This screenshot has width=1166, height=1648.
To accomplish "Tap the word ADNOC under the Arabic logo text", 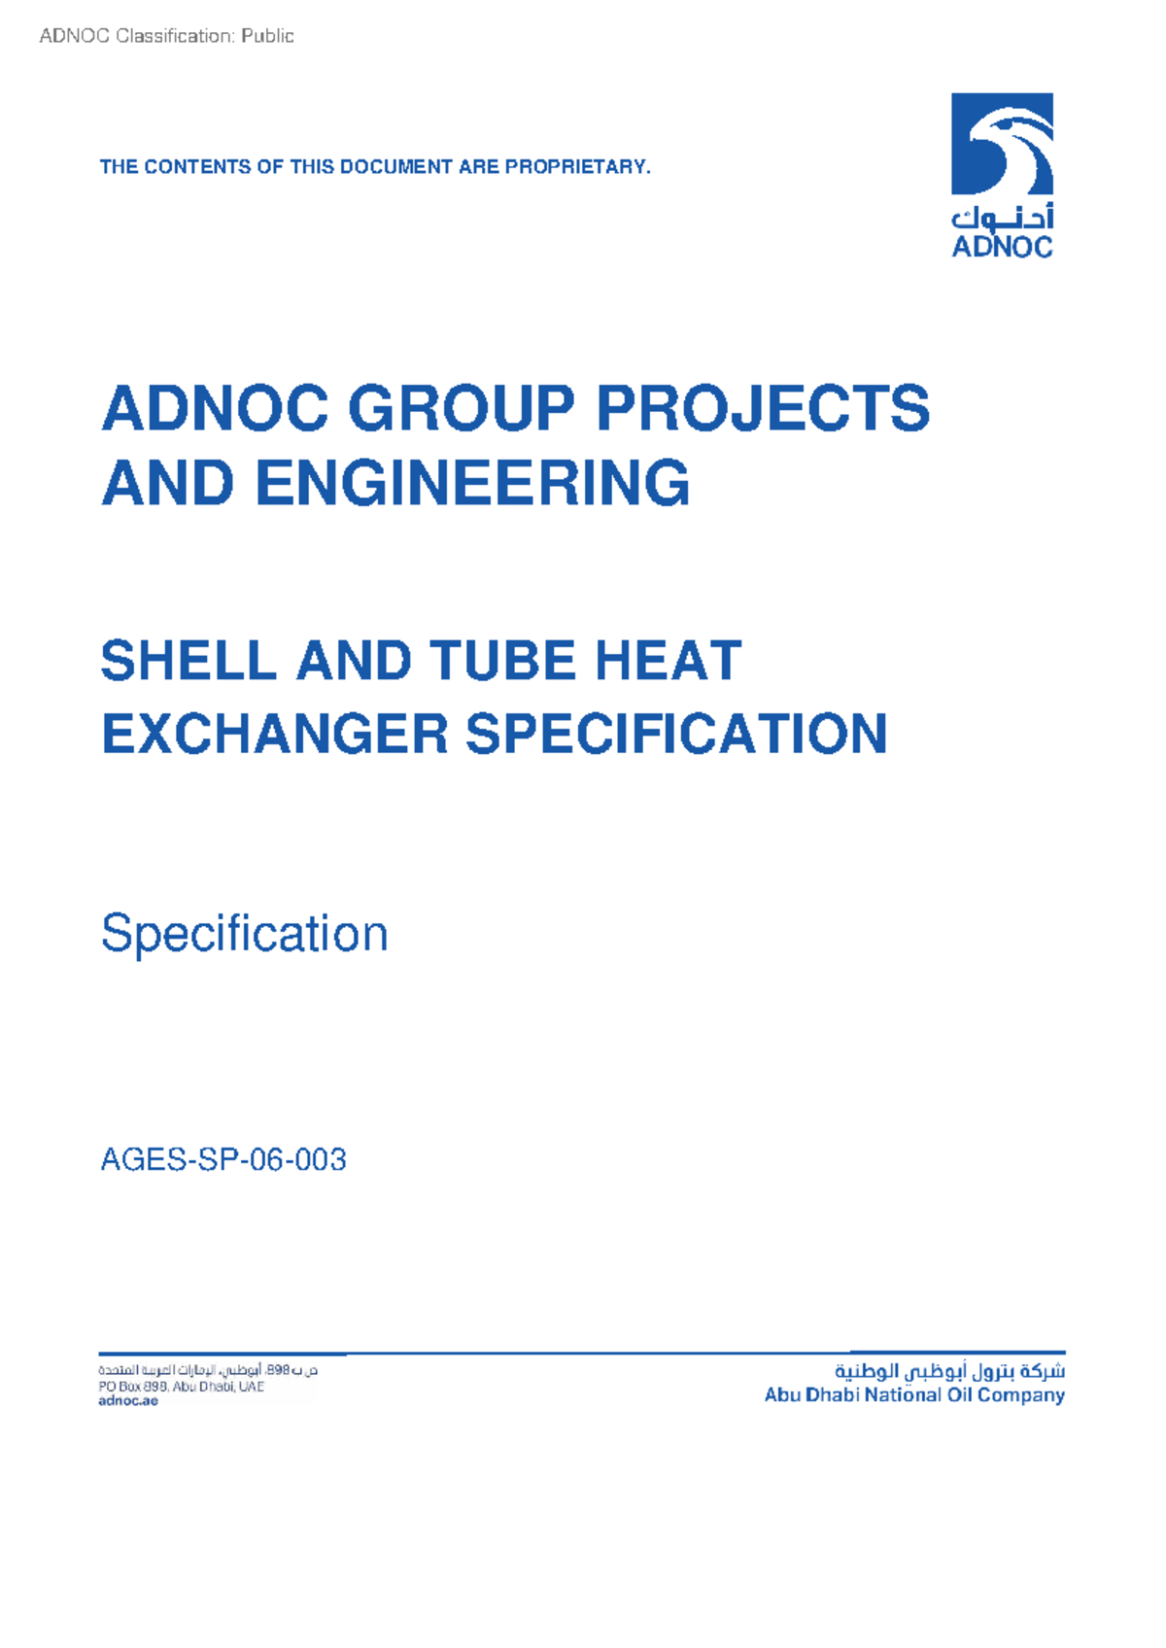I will coord(1002,247).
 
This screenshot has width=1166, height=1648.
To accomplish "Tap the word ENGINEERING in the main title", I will coord(472,483).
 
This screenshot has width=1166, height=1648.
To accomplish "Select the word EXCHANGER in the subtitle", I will coord(275,734).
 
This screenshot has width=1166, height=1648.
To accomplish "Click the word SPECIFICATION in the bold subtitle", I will coord(676,734).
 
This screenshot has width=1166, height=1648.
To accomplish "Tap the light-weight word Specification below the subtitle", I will coord(245,934).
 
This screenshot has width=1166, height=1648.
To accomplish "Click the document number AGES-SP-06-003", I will coord(223,1159).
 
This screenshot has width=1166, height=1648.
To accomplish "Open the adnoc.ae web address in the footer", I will coord(127,1401).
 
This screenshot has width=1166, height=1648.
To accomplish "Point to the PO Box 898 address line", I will coord(181,1387).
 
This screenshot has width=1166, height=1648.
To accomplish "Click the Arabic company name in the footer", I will coord(949,1371).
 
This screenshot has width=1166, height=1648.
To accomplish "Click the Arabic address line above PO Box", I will coord(208,1370).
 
